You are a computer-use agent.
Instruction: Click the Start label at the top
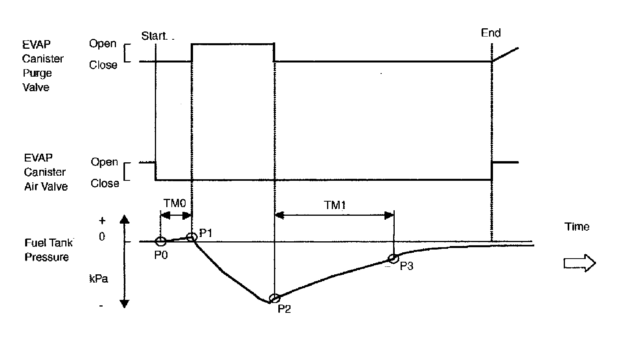point(154,36)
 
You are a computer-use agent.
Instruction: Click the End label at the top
point(491,33)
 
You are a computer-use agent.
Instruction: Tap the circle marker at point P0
point(160,241)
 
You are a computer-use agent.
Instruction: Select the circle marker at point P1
point(191,237)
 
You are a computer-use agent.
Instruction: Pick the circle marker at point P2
point(274,298)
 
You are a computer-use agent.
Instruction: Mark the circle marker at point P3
point(393,258)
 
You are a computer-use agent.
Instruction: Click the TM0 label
point(174,203)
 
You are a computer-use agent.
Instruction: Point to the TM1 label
point(335,205)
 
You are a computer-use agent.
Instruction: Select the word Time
point(577,227)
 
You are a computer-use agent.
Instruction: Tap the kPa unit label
point(99,279)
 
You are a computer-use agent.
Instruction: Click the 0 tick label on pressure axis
point(102,237)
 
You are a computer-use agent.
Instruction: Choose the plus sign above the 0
point(103,221)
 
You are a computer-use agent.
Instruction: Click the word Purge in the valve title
point(37,73)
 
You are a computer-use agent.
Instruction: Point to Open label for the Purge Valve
point(103,44)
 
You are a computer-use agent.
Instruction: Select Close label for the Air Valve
point(105,184)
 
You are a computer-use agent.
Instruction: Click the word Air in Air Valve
point(31,187)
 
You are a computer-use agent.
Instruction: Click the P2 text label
point(284,309)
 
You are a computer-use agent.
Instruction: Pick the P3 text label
point(406,266)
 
